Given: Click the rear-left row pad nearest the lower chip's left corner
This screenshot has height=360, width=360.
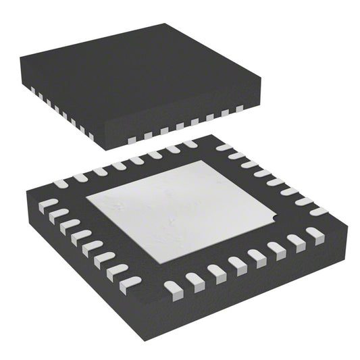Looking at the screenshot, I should pyautogui.click(x=61, y=183).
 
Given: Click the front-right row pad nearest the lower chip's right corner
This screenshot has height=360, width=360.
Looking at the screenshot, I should pyautogui.click(x=315, y=234).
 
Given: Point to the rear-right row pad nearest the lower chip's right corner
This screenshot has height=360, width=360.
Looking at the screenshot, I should pyautogui.click(x=317, y=211).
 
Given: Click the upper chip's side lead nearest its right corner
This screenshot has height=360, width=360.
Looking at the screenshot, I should pyautogui.click(x=238, y=108).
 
